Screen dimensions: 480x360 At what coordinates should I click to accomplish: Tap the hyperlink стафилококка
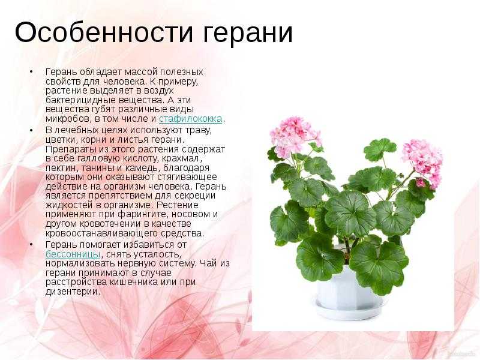pyautogui.click(x=190, y=119)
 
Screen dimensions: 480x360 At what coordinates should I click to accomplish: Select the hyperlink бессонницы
pyautogui.click(x=73, y=254)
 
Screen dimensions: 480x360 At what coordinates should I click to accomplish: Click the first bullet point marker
pyautogui.click(x=31, y=71)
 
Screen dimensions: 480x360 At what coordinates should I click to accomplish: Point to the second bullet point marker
pyautogui.click(x=31, y=130)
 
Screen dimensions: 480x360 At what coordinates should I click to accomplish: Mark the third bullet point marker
pyautogui.click(x=31, y=245)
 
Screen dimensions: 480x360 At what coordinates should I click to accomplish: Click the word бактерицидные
pyautogui.click(x=80, y=100)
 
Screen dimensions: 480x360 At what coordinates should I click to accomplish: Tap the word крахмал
pyautogui.click(x=181, y=158)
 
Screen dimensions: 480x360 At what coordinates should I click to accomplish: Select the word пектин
pyautogui.click(x=59, y=168)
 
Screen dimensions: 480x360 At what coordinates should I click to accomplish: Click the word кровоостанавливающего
pyautogui.click(x=101, y=233)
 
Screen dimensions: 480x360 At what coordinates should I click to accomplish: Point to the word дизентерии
pyautogui.click(x=72, y=292)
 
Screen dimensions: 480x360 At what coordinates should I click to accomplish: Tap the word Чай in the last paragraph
pyautogui.click(x=209, y=263)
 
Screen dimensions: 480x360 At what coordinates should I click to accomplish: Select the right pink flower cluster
pyautogui.click(x=422, y=161)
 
